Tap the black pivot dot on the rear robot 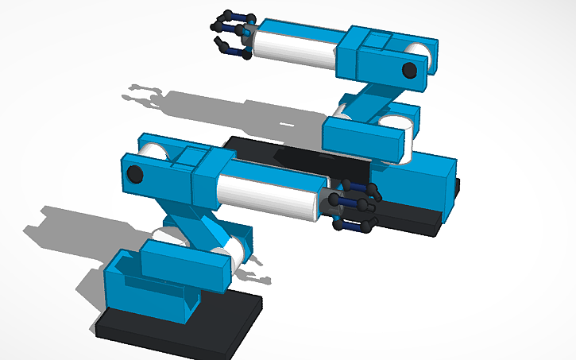click(409, 70)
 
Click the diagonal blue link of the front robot click(195, 230)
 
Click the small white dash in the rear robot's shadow click(288, 125)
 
